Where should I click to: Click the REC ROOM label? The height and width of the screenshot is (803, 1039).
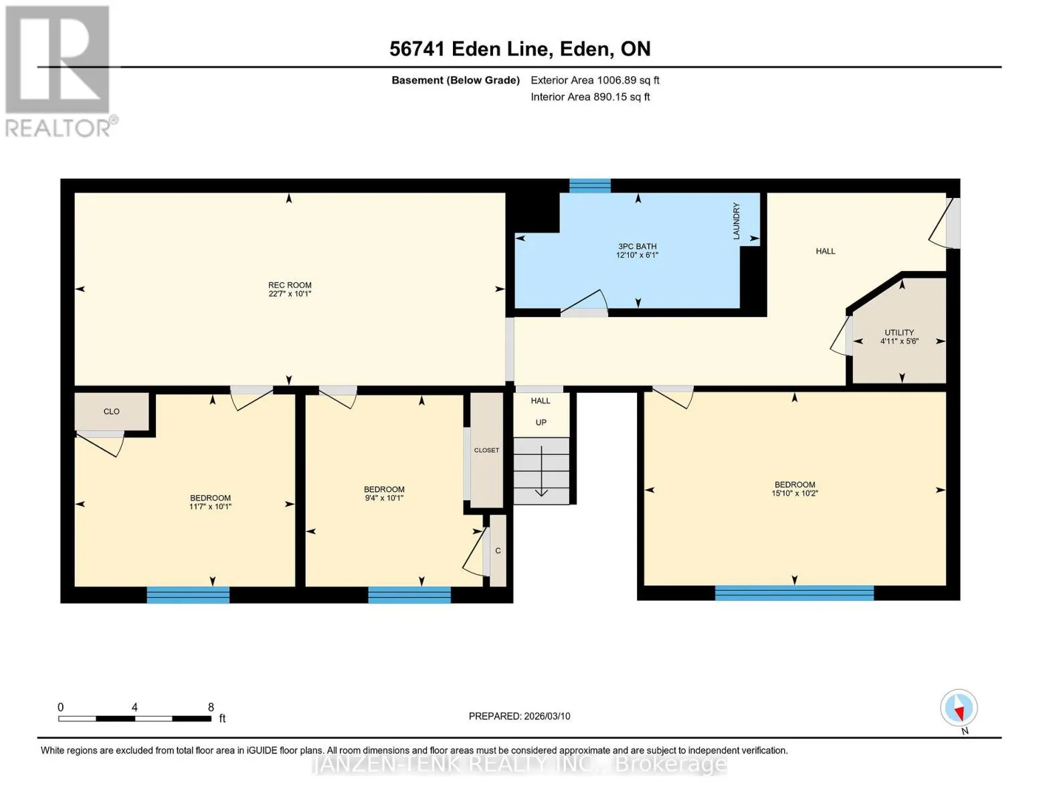click(x=290, y=285)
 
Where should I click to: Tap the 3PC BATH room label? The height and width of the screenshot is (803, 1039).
click(x=638, y=246)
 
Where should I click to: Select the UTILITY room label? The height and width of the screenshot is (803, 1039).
click(x=899, y=333)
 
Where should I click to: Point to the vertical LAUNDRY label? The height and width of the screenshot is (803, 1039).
click(x=737, y=221)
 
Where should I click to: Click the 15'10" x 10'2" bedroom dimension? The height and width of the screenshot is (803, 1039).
click(x=795, y=493)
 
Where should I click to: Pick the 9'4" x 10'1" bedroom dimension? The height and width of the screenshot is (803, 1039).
click(x=385, y=498)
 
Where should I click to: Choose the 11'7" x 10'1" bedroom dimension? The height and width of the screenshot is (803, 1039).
click(x=210, y=507)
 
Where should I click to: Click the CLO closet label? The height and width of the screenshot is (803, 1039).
click(x=112, y=412)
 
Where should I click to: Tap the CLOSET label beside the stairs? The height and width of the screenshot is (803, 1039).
click(x=486, y=450)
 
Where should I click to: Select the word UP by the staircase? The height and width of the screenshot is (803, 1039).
click(x=541, y=422)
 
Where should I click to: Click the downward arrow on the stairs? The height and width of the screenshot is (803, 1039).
click(x=541, y=471)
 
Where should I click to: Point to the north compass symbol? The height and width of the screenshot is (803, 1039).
click(x=959, y=708)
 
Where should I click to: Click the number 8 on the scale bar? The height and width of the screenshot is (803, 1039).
click(x=211, y=707)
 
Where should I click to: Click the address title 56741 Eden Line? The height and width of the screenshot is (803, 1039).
click(x=468, y=49)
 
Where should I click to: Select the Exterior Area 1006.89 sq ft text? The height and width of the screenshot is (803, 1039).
click(x=595, y=80)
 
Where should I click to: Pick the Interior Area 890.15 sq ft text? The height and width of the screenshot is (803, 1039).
click(x=590, y=97)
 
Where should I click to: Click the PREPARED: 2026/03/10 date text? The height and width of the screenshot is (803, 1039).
click(x=519, y=716)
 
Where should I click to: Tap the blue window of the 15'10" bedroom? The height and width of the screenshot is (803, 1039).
click(x=794, y=593)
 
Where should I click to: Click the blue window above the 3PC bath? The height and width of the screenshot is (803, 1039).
click(x=589, y=185)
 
